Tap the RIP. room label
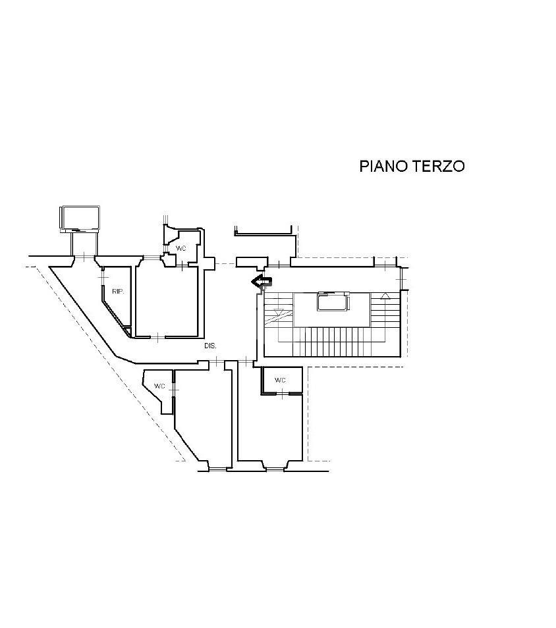(118, 291)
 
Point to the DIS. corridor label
(210, 345)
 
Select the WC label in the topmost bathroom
(181, 248)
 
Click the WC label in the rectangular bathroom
(280, 380)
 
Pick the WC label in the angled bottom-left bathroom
(159, 386)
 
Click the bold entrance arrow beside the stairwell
(262, 282)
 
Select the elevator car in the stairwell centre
(331, 303)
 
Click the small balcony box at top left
(80, 217)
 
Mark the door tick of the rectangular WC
(282, 394)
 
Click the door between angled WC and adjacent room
(173, 389)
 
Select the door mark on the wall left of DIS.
(158, 337)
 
